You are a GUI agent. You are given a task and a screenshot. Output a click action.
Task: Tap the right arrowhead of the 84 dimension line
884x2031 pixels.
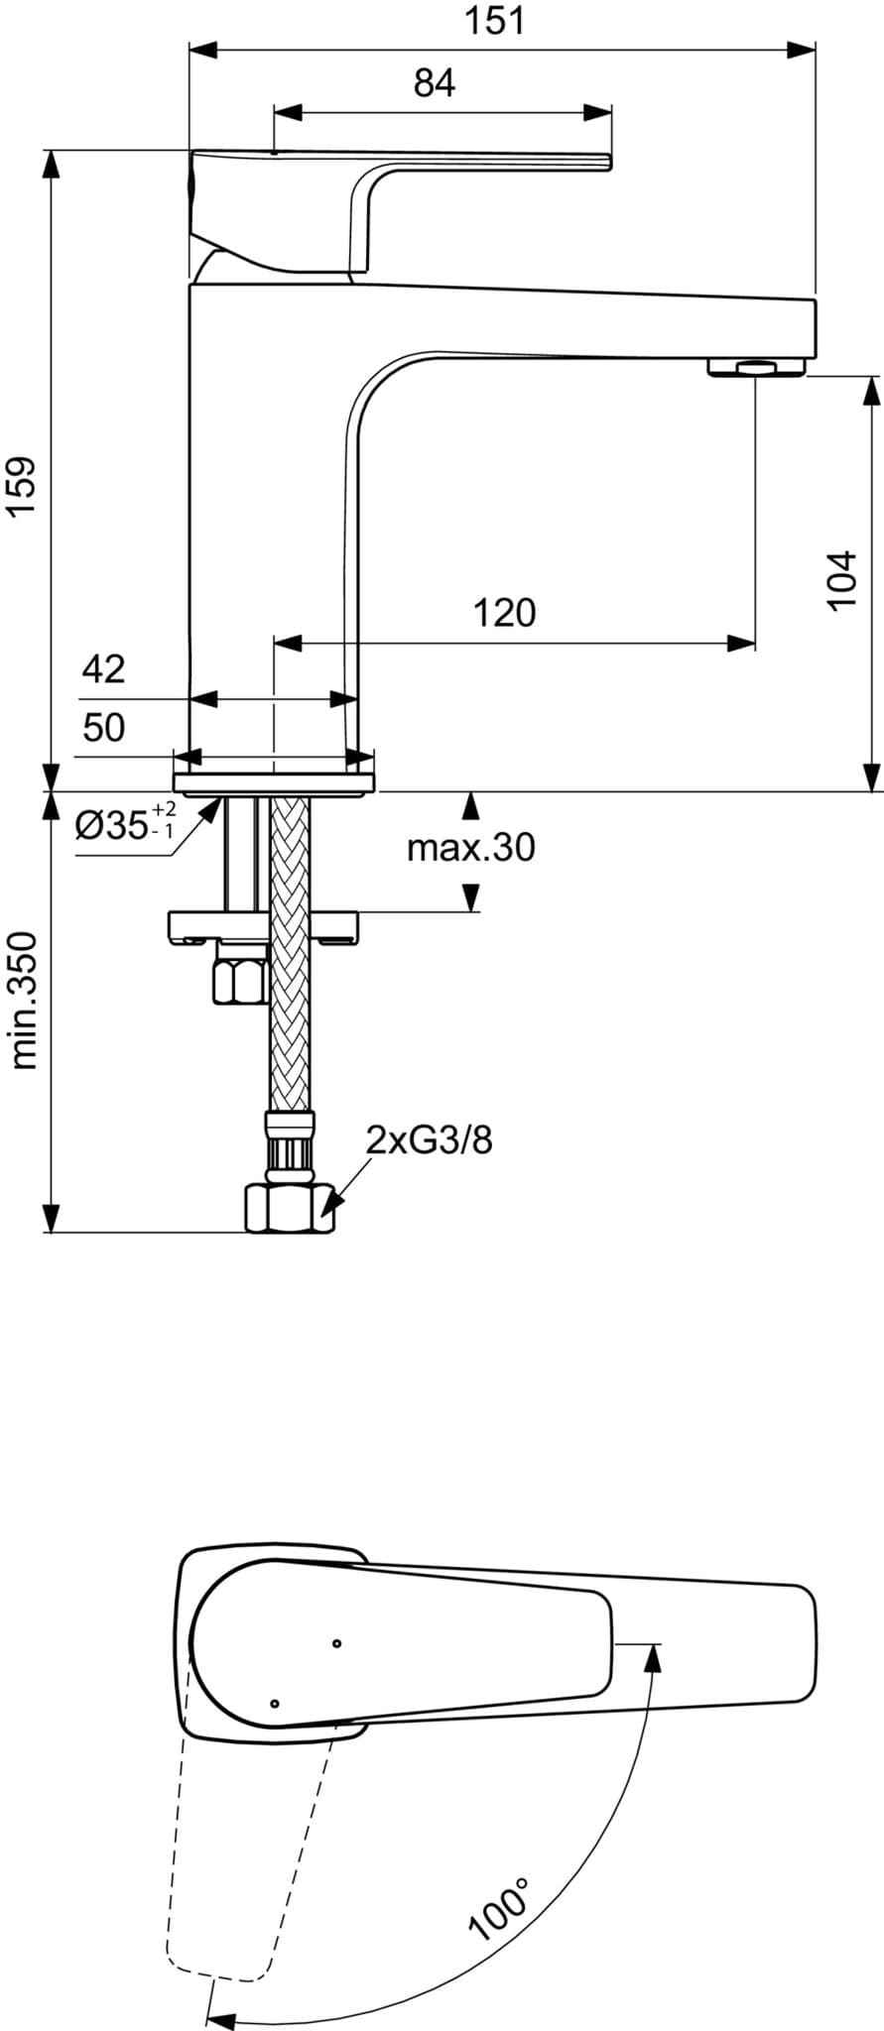tap(597, 110)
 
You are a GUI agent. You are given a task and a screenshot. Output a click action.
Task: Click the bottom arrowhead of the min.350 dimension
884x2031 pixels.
tap(48, 1219)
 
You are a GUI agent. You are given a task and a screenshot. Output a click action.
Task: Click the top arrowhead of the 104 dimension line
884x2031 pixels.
tap(870, 390)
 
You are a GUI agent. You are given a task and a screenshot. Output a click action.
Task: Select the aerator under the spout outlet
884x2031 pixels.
tap(757, 368)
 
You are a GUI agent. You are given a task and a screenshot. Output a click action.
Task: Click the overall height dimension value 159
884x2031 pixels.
tap(21, 485)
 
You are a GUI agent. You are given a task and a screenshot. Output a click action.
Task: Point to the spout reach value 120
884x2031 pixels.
tap(503, 613)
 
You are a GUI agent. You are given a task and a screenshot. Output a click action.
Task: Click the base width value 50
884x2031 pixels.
tap(103, 728)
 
